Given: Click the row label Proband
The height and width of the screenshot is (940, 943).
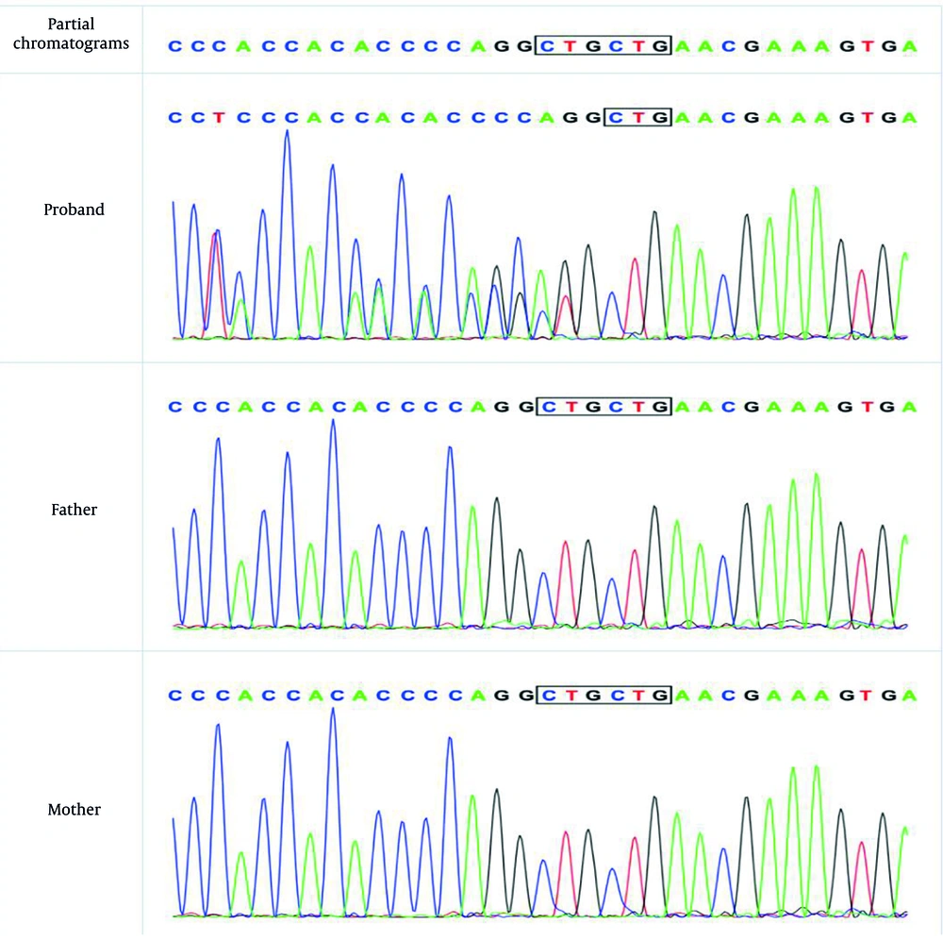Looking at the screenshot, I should [x=74, y=210].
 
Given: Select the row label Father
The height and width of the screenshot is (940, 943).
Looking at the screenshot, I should [x=74, y=510].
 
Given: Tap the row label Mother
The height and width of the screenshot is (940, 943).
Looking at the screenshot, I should [x=74, y=810].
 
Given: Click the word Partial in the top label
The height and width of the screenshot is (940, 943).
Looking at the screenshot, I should [x=74, y=24].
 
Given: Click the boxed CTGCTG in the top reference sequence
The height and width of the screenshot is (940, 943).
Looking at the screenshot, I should [x=603, y=45].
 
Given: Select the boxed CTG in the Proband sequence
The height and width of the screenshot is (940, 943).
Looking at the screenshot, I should [x=637, y=118].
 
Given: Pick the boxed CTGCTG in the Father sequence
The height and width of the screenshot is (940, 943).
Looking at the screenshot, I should [x=603, y=407].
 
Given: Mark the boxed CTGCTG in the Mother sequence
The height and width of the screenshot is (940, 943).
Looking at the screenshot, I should [x=603, y=696].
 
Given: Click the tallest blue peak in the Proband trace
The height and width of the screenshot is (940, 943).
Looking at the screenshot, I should [x=287, y=133].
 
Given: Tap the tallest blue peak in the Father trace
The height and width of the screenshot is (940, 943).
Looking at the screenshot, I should [x=333, y=422].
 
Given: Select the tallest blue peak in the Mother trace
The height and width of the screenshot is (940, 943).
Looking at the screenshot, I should [x=333, y=710].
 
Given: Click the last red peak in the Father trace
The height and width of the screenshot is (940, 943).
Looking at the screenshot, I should [x=860, y=551].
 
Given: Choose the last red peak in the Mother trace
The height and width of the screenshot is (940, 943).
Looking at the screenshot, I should [x=860, y=844].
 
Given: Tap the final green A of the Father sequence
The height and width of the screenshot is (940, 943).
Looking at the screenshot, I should [x=908, y=407].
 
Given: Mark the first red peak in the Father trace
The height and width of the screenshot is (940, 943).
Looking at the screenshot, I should [x=565, y=544].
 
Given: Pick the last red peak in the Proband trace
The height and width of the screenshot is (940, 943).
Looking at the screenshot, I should [x=860, y=273].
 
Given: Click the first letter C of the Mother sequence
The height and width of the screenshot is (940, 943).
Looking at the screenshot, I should [x=174, y=696].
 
